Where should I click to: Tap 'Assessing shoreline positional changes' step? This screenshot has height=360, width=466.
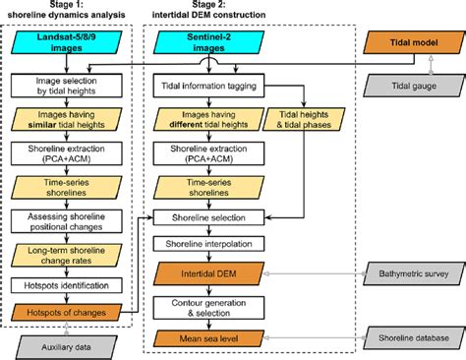[69, 221]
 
